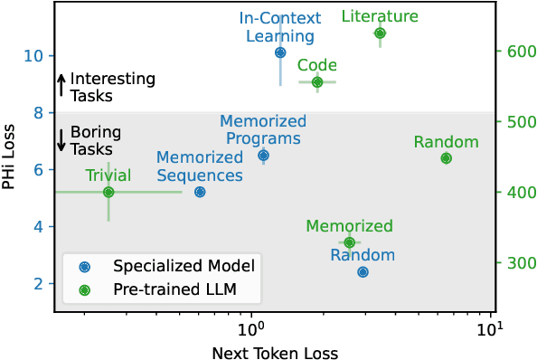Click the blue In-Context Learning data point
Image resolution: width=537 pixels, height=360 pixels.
280,52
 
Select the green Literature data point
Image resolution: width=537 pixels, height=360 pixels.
380,33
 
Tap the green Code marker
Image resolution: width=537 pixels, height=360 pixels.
317,82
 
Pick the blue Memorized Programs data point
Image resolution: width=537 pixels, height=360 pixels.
263,156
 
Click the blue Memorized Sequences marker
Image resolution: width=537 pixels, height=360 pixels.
200,192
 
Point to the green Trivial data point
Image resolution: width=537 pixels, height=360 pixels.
108,192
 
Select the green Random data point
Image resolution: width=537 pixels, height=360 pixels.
446,158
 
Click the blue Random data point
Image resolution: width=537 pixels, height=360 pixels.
363,271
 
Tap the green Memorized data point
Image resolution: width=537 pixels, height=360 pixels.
349,242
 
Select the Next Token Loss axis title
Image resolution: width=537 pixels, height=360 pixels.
275,351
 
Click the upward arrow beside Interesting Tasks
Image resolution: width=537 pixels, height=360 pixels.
61,86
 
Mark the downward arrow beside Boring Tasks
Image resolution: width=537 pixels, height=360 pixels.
61,139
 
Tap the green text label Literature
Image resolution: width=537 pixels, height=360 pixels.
380,16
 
